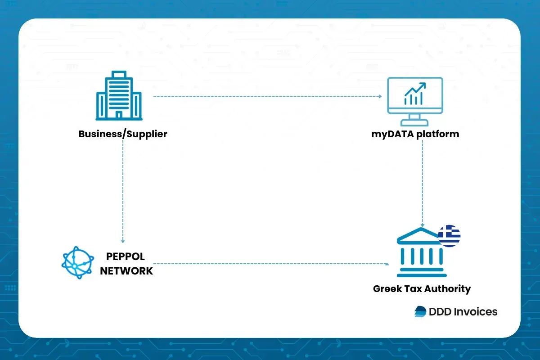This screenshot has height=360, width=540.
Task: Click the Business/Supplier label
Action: pyautogui.click(x=123, y=134)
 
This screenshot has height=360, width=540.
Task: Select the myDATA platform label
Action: pyautogui.click(x=415, y=134)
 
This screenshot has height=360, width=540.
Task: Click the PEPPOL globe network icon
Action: pyautogui.click(x=78, y=263)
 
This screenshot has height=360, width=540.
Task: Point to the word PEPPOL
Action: pyautogui.click(x=126, y=257)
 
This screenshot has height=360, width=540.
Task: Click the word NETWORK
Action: pyautogui.click(x=126, y=271)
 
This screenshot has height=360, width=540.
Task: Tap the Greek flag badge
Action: pyautogui.click(x=449, y=236)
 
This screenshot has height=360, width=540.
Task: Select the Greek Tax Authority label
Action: pyautogui.click(x=422, y=288)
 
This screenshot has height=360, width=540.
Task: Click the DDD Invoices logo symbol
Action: pyautogui.click(x=420, y=311)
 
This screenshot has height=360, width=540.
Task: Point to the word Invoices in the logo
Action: pyautogui.click(x=475, y=311)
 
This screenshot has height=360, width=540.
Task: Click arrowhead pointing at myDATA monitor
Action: pyautogui.click(x=380, y=96)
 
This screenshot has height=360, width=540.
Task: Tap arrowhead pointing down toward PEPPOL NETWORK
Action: pyautogui.click(x=123, y=242)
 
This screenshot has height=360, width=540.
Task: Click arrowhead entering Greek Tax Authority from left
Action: pyautogui.click(x=387, y=264)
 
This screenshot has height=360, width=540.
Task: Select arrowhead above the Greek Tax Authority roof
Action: pyautogui.click(x=423, y=225)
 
